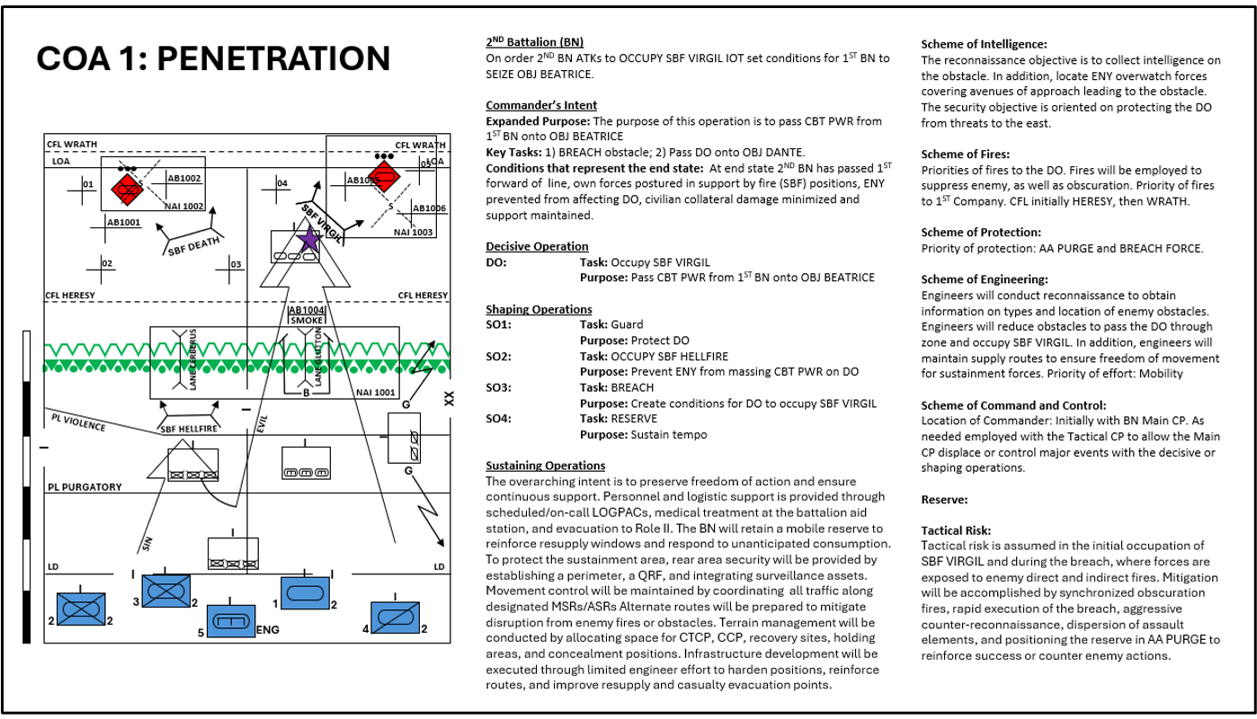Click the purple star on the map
click(x=309, y=239)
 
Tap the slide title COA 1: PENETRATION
click(x=213, y=58)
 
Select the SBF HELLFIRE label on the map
click(x=189, y=429)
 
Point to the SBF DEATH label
click(x=194, y=246)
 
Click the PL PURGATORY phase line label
click(x=85, y=487)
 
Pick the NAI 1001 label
click(x=376, y=393)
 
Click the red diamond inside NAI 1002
click(x=127, y=190)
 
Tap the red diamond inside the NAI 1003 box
click(x=384, y=177)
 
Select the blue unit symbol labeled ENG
click(x=231, y=621)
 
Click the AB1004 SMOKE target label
click(x=307, y=315)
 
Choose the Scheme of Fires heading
click(x=965, y=155)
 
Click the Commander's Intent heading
click(x=541, y=105)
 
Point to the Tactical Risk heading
click(x=956, y=530)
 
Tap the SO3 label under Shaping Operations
click(x=498, y=387)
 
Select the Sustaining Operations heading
click(x=546, y=466)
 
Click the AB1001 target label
click(x=123, y=223)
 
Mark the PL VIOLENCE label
click(x=78, y=422)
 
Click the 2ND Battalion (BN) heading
click(x=534, y=41)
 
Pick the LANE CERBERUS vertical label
click(x=193, y=359)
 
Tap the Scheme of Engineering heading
click(x=985, y=280)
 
